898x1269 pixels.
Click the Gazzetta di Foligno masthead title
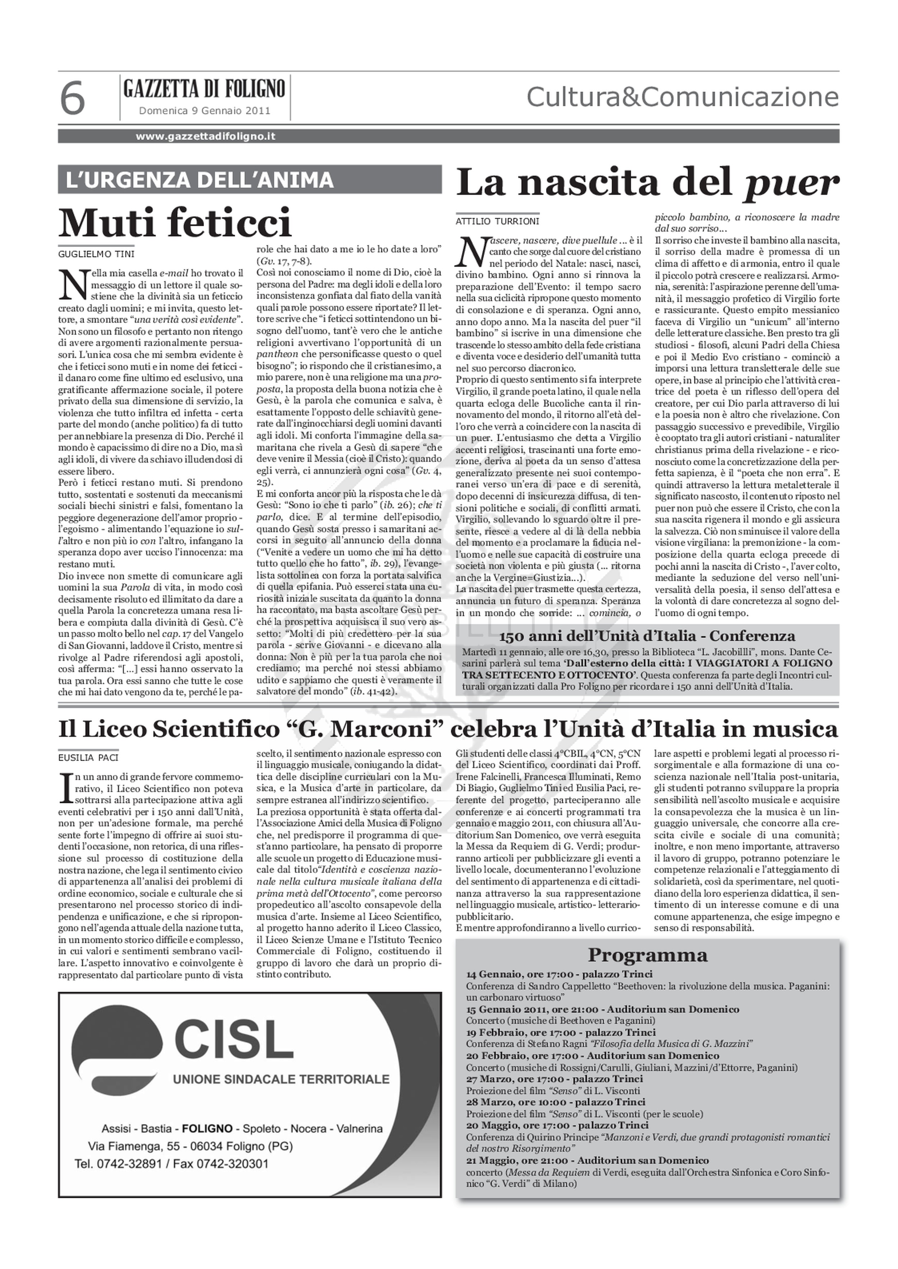pos(205,88)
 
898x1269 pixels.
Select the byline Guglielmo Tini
pos(96,254)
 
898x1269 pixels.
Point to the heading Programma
pos(647,955)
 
